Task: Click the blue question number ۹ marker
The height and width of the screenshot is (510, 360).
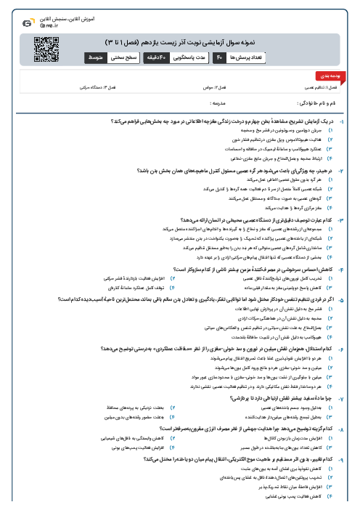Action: pyautogui.click(x=351, y=459)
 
